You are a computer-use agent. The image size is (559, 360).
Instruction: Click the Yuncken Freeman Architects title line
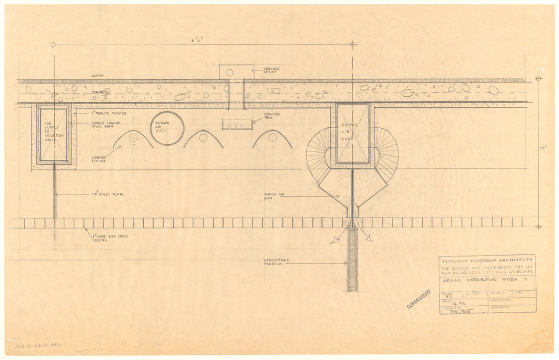486,259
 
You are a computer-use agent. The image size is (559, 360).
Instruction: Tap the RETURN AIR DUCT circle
167,128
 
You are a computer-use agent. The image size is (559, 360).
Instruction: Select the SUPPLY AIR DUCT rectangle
352,133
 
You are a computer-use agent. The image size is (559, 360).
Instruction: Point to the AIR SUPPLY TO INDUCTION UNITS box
54,134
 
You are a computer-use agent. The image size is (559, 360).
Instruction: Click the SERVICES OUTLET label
272,71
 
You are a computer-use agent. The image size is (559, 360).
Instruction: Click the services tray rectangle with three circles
237,125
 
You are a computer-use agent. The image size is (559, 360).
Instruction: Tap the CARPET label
98,75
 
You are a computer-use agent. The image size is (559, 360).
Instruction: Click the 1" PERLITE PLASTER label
109,113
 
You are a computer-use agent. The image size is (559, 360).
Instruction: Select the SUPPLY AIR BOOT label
275,197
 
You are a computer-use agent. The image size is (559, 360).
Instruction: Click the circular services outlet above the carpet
229,72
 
